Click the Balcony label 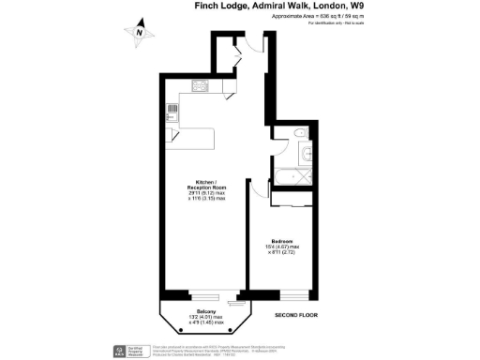point(207,311)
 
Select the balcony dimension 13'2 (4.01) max point(207,318)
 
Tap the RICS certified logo point(118,352)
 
